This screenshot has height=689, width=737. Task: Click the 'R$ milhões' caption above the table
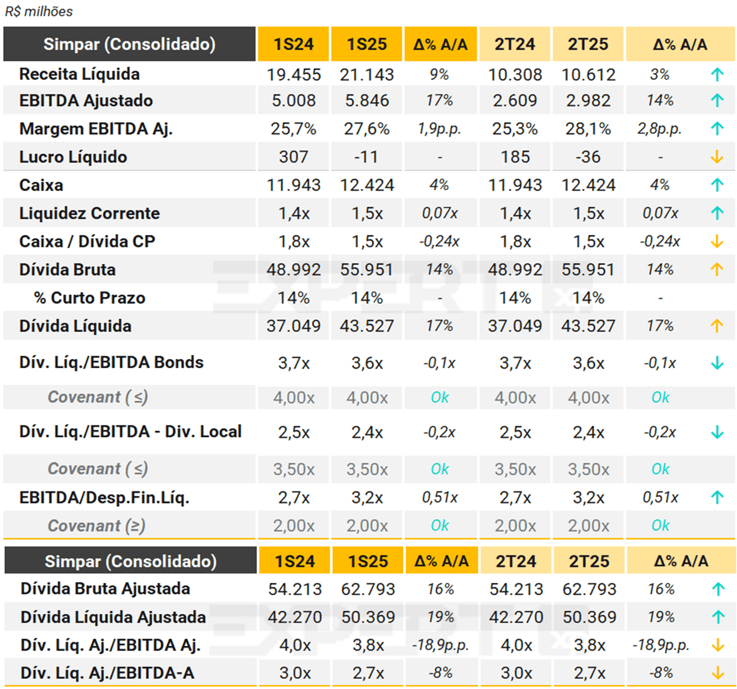39,11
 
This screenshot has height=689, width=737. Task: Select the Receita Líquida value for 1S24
293,75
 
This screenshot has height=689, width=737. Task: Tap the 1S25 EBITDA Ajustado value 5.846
367,100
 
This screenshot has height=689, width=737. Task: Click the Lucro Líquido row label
73,157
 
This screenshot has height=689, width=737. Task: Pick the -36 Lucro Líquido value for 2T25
588,157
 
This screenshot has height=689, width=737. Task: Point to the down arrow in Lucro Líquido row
717,157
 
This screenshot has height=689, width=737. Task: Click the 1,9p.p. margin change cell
439,128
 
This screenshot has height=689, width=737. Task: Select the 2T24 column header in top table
514,44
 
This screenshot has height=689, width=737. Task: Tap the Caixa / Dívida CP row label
87,241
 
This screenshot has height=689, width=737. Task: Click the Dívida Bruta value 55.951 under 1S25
367,270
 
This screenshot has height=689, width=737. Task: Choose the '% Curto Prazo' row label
89,298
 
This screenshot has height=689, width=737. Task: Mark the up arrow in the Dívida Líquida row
717,326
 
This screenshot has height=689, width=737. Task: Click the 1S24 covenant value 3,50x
293,469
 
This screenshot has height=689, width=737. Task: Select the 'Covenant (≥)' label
96,525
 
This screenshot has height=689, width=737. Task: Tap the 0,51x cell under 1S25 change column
439,497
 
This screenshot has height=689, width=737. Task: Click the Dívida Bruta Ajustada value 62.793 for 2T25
589,589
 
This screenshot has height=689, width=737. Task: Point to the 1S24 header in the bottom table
294,561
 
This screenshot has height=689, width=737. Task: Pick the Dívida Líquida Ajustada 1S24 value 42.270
294,617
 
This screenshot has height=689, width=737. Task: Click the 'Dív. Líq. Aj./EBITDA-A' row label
107,673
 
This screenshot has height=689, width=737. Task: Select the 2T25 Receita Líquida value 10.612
588,75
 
